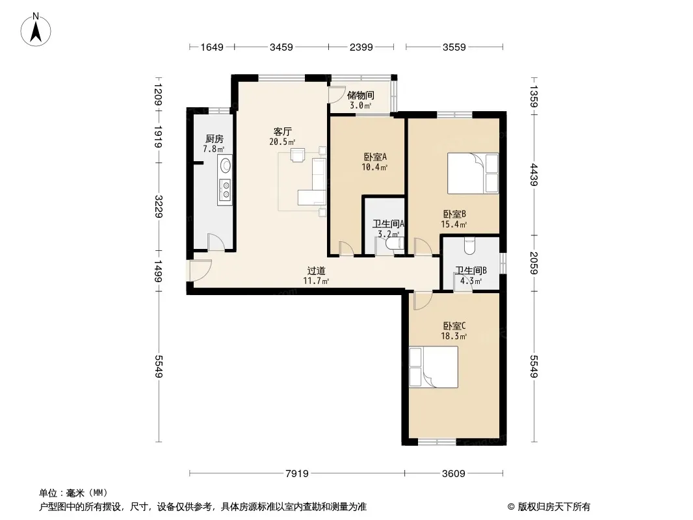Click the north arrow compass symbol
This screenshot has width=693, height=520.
click(x=36, y=29)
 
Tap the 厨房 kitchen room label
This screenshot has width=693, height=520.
click(x=215, y=139)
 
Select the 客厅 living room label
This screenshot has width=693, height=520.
click(x=282, y=132)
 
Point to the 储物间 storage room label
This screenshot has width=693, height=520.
click(x=361, y=95)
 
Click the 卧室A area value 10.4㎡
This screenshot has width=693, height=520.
click(x=374, y=167)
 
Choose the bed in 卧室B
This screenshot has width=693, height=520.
click(x=473, y=173)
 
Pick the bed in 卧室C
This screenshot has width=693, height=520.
click(x=433, y=367)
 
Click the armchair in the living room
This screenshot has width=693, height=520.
click(x=298, y=155)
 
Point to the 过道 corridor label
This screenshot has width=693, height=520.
click(x=317, y=270)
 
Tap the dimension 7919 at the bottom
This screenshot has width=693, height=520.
click(x=297, y=474)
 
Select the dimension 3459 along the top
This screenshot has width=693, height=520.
click(x=281, y=47)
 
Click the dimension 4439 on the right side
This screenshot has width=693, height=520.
click(x=534, y=174)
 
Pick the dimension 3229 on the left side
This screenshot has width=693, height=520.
click(x=159, y=206)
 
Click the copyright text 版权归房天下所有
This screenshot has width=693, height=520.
click(x=554, y=507)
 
